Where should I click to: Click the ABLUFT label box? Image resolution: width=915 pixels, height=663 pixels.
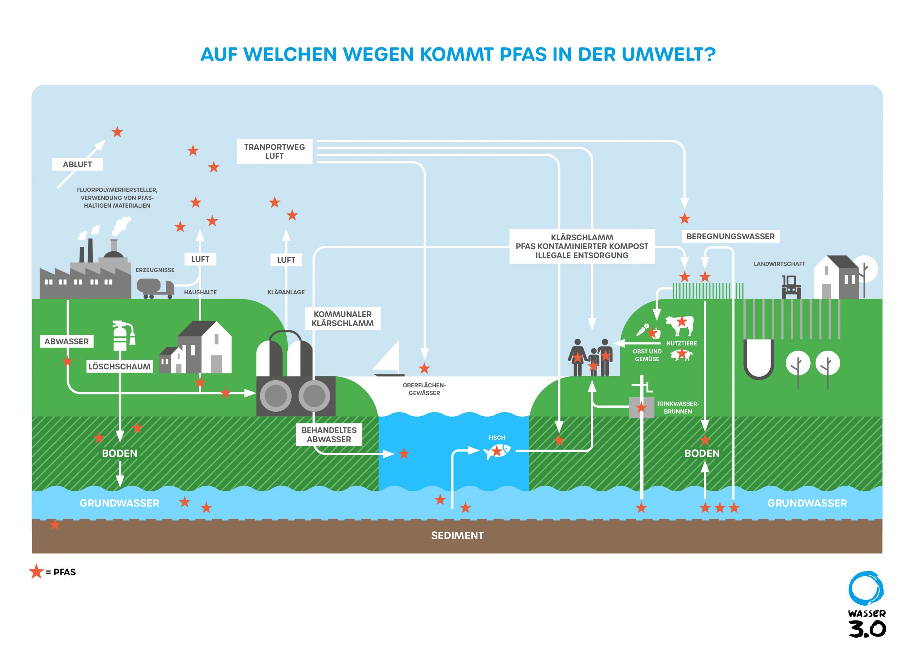coord(77,164)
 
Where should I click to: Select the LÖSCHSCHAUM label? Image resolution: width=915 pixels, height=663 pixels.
coord(119,367)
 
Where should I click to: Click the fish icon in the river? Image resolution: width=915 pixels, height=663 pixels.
coord(497,451)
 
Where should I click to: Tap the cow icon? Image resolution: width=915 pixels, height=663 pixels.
coord(679,325)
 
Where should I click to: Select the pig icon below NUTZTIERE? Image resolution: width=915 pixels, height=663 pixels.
coord(681,355)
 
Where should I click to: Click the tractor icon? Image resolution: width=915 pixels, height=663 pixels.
coord(791,287)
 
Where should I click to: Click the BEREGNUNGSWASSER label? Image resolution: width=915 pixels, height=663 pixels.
coord(730,236)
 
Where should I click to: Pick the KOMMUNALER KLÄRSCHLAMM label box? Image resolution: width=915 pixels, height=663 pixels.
coord(342,318)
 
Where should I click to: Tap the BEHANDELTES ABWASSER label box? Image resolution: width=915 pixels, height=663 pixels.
coord(329,434)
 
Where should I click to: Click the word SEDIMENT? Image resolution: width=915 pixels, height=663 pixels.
coord(457,535)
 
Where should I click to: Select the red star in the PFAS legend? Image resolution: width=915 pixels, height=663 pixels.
coord(36,571)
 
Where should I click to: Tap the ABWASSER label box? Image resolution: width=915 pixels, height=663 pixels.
coord(66,342)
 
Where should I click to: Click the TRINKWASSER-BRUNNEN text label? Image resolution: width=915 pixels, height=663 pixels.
coord(677,408)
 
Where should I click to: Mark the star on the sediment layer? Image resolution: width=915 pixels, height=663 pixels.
coord(55,525)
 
